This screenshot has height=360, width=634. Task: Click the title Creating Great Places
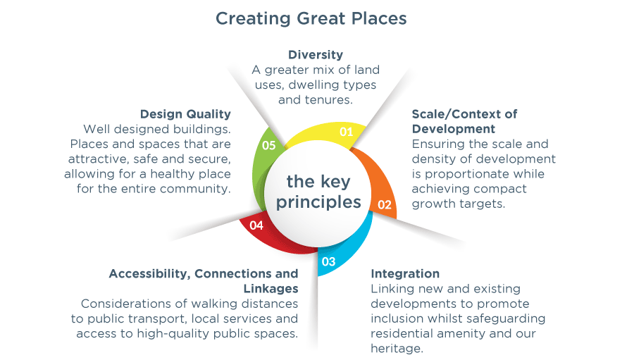pos(311,18)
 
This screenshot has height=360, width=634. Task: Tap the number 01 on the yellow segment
pos(346,132)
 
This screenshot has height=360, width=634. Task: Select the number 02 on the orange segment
pos(385,205)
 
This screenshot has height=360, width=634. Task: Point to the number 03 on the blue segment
pos(329,261)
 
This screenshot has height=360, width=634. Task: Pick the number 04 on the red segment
pos(256,225)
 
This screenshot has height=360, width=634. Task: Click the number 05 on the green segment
pos(269,145)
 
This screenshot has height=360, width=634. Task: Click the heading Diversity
pos(316,55)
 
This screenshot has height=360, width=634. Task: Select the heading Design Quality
pos(185,114)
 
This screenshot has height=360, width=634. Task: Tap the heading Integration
pos(405,274)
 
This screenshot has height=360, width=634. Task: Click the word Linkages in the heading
pos(271,289)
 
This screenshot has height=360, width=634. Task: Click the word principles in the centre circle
pos(318,202)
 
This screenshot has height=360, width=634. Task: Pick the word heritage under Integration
pos(395,348)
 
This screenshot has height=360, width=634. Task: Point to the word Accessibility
pos(149,274)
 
